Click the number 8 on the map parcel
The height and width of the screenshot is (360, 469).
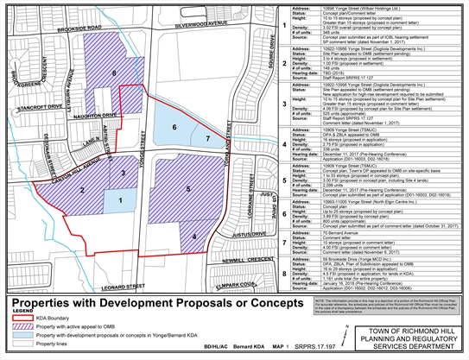114,74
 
